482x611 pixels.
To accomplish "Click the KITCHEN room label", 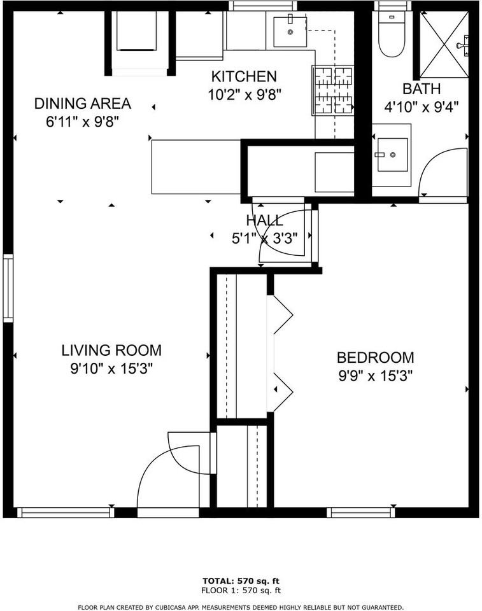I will click(x=244, y=77).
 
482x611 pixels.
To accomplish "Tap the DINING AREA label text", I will click(x=82, y=103).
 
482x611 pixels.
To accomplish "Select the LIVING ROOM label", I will click(x=111, y=350).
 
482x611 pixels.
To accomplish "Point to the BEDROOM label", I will click(x=375, y=358).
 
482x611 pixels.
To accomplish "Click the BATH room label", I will click(x=421, y=89).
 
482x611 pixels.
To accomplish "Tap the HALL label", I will click(x=264, y=221).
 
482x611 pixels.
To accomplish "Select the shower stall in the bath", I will click(x=445, y=43).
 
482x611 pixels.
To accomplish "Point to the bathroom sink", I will click(x=392, y=155).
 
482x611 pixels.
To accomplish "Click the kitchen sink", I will click(x=290, y=32).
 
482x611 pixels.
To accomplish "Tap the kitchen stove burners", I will click(x=332, y=90).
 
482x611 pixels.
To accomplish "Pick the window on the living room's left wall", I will click(x=8, y=288).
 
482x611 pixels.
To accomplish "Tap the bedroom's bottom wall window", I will click(x=361, y=512).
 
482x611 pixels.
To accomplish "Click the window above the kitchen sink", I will click(x=263, y=6).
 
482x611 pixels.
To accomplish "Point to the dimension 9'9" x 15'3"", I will click(x=375, y=376).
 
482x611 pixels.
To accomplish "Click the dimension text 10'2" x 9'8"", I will click(x=244, y=94).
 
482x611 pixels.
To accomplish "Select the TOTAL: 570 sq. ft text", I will click(x=241, y=581).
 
